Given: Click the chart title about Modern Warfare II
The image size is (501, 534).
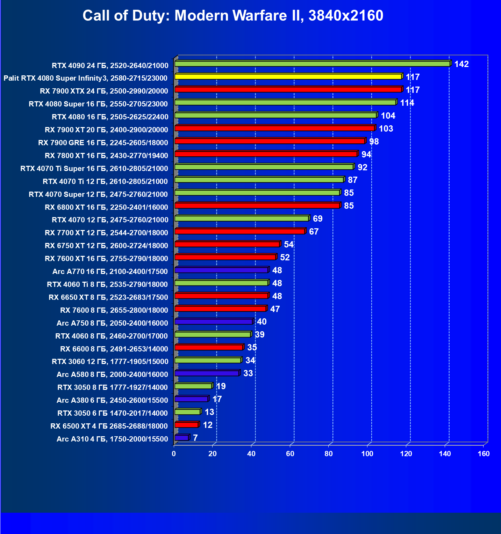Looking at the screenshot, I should tap(233, 16).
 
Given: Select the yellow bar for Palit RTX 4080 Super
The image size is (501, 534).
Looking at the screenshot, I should tap(288, 76).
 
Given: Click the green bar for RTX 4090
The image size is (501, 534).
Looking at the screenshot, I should tap(312, 64).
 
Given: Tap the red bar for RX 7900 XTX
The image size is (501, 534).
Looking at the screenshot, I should tap(288, 89).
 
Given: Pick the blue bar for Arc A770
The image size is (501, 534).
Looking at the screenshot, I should tap(221, 270).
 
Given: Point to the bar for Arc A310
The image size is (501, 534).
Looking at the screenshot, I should tap(181, 438).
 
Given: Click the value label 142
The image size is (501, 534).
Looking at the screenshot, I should tap(461, 64).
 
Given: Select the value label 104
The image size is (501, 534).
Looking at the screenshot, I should tap(388, 116).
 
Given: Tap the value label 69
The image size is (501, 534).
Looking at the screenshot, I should tap(317, 219).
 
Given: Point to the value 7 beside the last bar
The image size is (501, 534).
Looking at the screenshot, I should tap(195, 438).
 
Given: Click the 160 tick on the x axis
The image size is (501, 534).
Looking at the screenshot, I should tap(484, 454).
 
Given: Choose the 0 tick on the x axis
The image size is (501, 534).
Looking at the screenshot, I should tap(174, 454).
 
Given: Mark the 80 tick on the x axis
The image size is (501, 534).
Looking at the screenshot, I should tap(329, 454).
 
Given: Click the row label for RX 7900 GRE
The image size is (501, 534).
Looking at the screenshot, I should tap(103, 143).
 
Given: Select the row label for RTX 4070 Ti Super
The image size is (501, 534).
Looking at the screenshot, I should tap(94, 169).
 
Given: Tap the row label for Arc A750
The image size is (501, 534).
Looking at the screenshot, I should tap(112, 323).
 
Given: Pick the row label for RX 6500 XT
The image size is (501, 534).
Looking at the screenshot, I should tap(109, 426).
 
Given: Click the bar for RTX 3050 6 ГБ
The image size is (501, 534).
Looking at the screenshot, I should tap(187, 412).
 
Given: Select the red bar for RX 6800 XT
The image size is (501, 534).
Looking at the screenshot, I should tap(257, 206).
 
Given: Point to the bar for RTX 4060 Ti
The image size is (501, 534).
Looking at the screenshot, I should tap(221, 283).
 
